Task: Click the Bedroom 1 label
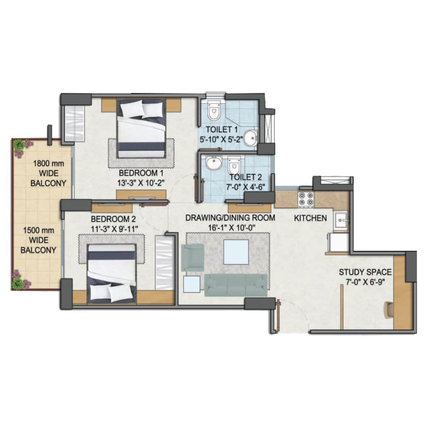(141, 173)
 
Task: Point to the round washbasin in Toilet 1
(250, 138)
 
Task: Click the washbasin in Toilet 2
(214, 162)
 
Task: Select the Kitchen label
(310, 218)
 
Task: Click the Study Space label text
(365, 272)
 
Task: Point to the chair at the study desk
(389, 309)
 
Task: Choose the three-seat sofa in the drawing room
(236, 285)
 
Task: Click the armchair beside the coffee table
(193, 257)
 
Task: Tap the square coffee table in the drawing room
(236, 252)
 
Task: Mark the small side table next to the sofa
(192, 284)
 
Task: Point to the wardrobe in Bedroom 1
(74, 123)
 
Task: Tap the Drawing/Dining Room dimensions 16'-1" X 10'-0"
(230, 228)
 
